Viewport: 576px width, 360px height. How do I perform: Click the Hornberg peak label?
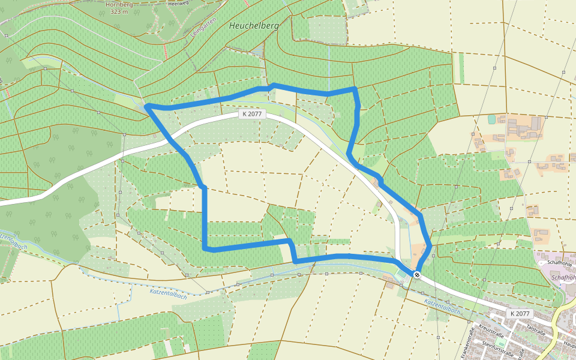[119, 4]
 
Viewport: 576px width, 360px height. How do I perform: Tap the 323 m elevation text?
[119, 11]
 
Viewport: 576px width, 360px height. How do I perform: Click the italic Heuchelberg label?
[254, 26]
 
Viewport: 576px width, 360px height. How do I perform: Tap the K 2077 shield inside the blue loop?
[252, 114]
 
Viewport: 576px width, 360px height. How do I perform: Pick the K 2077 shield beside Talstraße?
[520, 314]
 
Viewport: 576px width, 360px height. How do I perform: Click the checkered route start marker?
[416, 275]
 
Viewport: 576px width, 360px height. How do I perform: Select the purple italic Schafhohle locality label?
[563, 278]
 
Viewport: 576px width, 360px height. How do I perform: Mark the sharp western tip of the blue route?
[147, 106]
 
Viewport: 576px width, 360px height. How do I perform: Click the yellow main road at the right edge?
[566, 312]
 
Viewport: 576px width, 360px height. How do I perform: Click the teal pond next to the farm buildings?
[492, 119]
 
